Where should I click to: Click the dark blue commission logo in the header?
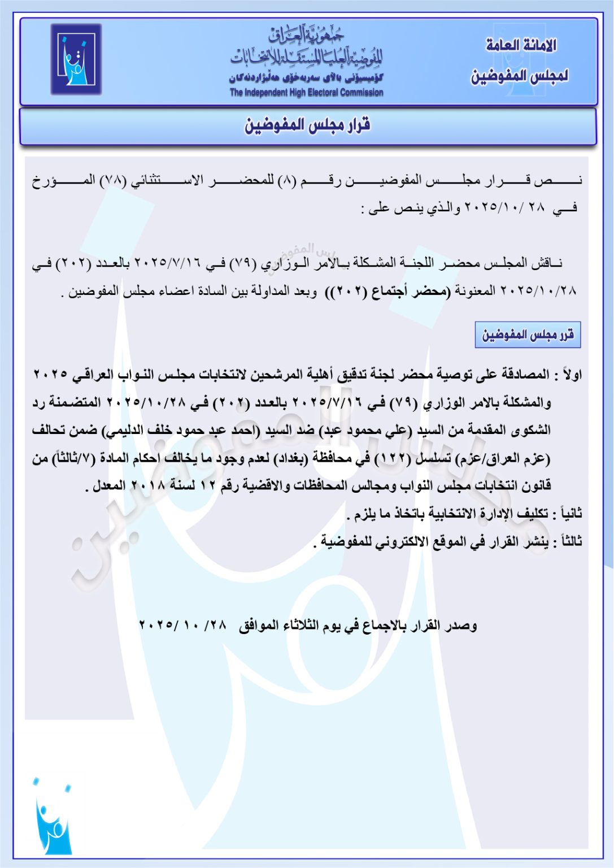coord(76,59)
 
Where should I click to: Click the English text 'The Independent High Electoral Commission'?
coord(306,93)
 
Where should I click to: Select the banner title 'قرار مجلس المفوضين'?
coord(307,125)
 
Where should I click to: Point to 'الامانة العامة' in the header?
coord(521,45)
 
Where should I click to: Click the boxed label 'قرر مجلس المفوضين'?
coord(528,335)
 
